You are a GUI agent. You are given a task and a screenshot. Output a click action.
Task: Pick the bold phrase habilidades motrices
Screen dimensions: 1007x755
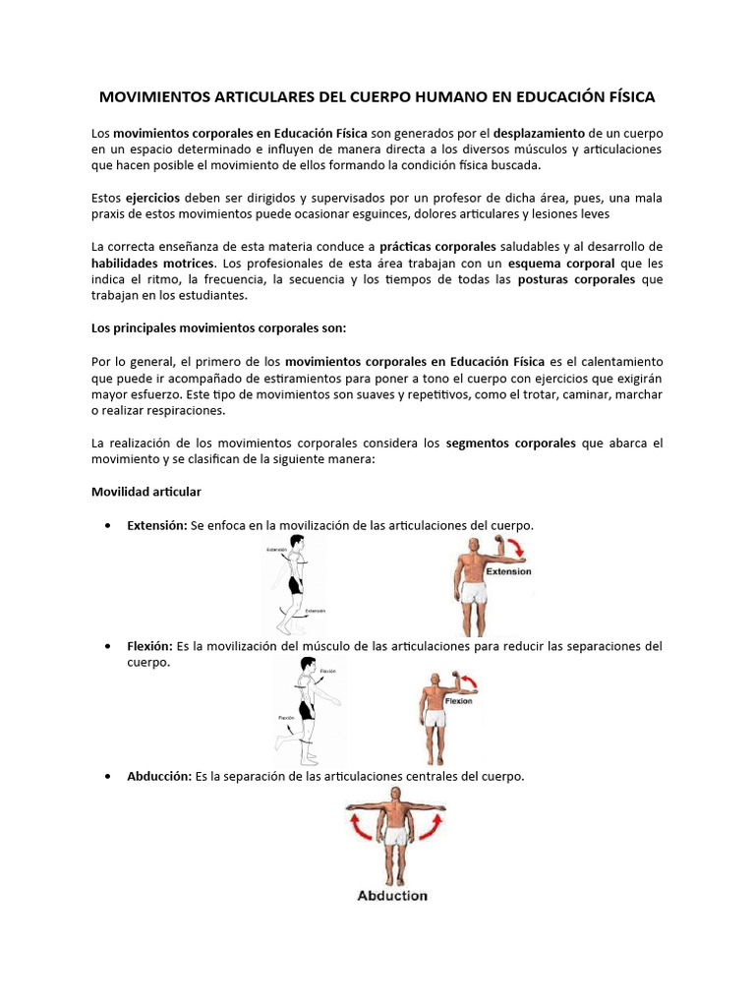[152, 264]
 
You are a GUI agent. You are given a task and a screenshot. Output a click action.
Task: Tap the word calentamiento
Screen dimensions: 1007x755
[616, 361]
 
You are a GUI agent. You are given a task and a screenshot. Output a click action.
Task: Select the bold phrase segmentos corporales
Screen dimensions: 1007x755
[510, 443]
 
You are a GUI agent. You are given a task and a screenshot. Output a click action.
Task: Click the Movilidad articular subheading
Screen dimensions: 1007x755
[146, 491]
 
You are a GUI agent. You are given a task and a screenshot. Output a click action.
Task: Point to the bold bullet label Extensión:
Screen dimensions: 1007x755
[157, 525]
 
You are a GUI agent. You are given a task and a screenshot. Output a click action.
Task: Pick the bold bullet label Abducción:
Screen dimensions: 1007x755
[159, 776]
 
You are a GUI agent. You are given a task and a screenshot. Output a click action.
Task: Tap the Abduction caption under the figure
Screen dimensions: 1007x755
[392, 896]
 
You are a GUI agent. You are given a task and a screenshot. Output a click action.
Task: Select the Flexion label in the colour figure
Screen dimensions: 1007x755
[459, 702]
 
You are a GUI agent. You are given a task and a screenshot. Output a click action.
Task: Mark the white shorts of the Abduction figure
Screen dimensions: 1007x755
[395, 837]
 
